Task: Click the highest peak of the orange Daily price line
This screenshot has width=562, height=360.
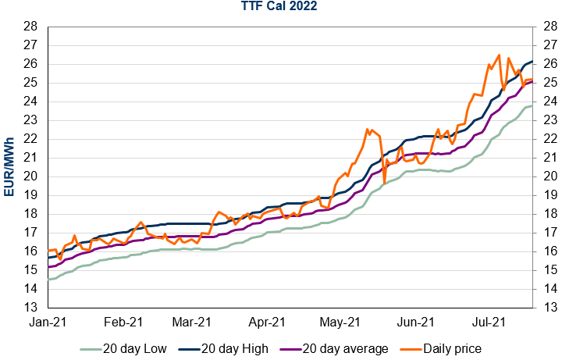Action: click(x=499, y=55)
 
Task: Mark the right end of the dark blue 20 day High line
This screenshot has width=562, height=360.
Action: click(x=532, y=61)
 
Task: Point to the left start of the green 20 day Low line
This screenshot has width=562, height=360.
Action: click(x=48, y=279)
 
